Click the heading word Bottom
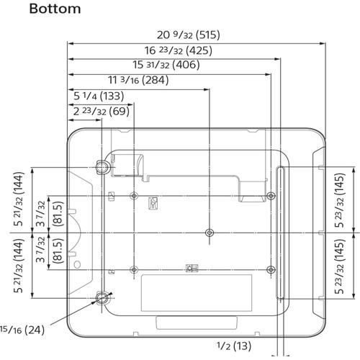coord(55,9)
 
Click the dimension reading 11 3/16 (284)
coord(138,81)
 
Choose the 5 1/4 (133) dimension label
coord(98,96)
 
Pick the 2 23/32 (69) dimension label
coord(100,112)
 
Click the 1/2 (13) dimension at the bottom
coord(234,346)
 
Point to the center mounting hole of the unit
coord(209,233)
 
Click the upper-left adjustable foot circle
coord(102,167)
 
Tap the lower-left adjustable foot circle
coord(102,297)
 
